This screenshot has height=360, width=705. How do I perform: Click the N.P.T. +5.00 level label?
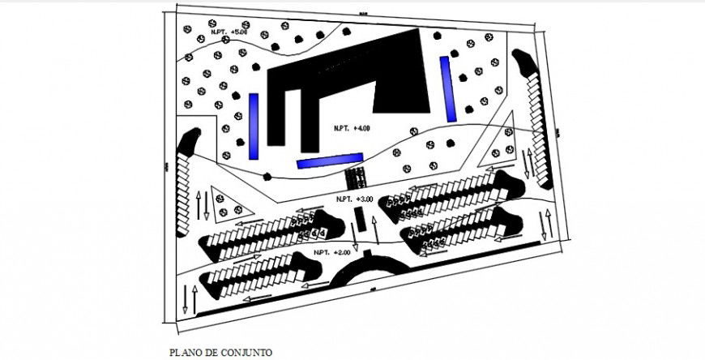click(x=229, y=32)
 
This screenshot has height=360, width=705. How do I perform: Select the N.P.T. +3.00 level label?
click(x=354, y=199)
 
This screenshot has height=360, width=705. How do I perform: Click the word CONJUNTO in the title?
click(x=247, y=353)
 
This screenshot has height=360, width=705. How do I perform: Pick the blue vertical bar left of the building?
click(x=254, y=126)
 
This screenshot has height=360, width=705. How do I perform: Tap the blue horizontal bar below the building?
click(x=329, y=162)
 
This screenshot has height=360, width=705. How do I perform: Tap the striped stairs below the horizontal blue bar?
click(x=353, y=177)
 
